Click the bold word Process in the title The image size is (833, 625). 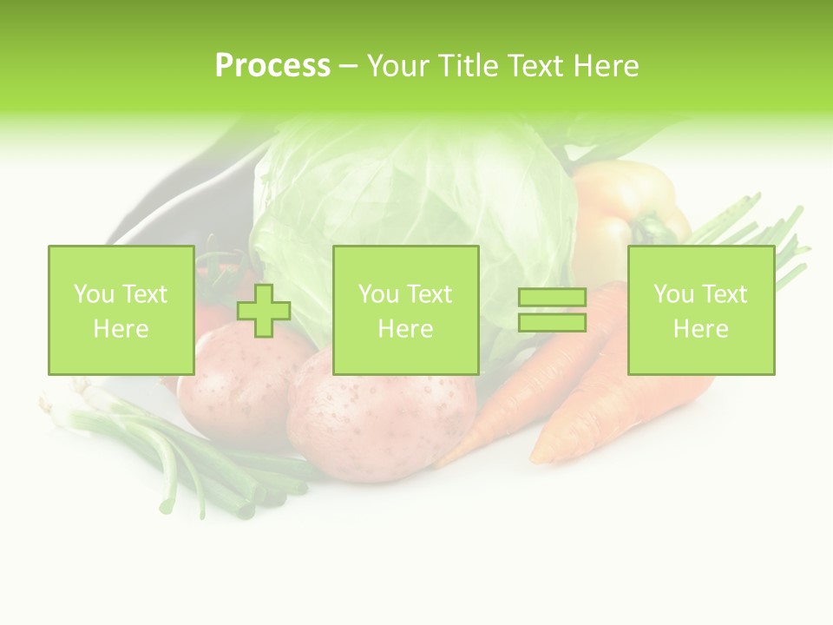click(x=272, y=66)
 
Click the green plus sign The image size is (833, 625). click(x=264, y=311)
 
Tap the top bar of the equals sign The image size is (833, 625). click(x=552, y=298)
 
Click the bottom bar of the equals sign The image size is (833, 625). click(x=552, y=322)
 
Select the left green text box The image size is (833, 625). click(x=121, y=311)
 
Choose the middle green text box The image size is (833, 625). click(x=405, y=311)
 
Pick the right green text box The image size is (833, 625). click(x=701, y=311)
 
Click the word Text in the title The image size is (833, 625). click(x=535, y=66)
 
